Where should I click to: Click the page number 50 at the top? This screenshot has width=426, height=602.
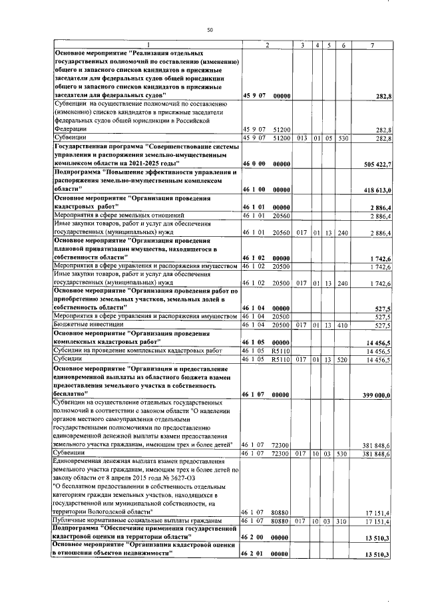210,30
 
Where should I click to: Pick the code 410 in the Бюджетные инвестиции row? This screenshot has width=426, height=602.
343,325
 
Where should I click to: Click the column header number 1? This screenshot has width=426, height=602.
148,45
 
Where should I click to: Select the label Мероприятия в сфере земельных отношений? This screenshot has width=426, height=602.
109,215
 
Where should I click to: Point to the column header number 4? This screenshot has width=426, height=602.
318,45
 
